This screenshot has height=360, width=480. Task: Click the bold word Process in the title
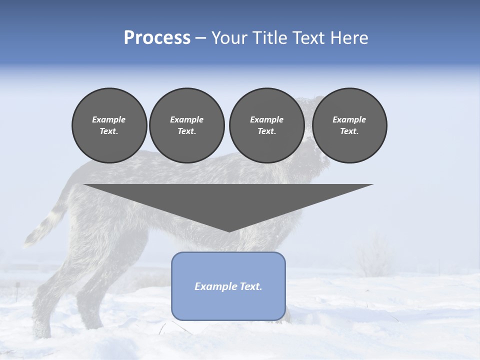point(157,38)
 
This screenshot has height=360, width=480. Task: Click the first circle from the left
point(109,125)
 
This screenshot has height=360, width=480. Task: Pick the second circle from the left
point(186,125)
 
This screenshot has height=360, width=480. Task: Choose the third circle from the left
point(266,125)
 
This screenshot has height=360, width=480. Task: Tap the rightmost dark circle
point(349,125)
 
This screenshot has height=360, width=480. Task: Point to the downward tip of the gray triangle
point(229,230)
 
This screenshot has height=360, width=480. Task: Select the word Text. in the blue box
point(251,286)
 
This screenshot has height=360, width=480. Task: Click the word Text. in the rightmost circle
point(349,131)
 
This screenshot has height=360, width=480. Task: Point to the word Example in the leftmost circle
point(109,119)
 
